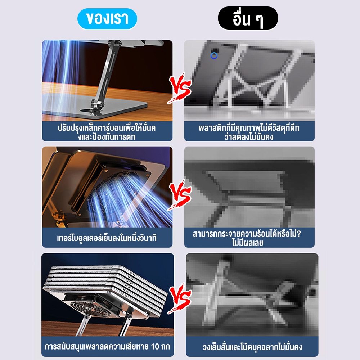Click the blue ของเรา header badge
107,19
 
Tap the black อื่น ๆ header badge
248,18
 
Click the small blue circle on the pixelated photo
214,55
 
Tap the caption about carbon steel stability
107,132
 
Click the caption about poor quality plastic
249,132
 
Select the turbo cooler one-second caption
107,238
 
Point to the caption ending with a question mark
247,238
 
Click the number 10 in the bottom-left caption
155,346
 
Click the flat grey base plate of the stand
94,107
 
